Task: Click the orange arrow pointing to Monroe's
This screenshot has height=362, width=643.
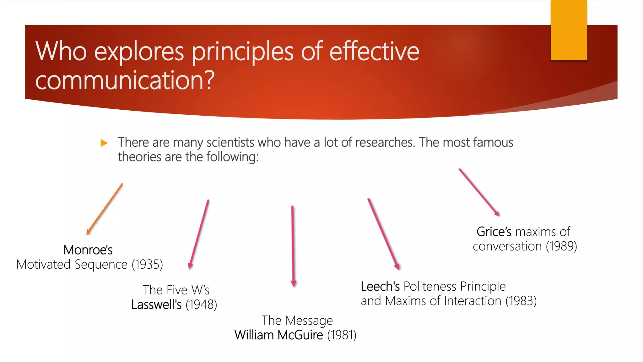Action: (x=105, y=209)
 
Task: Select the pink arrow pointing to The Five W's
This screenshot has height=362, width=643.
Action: (x=199, y=234)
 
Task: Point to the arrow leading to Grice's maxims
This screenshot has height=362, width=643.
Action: (x=479, y=192)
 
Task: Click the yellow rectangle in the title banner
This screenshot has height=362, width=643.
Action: (x=569, y=30)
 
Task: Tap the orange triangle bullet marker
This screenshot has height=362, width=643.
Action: (x=104, y=143)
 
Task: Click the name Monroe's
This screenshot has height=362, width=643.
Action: (x=88, y=250)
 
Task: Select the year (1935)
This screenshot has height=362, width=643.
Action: (x=147, y=265)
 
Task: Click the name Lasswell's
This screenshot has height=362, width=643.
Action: (x=156, y=304)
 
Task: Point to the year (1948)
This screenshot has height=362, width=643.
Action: (x=201, y=304)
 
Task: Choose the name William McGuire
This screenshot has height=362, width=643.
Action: (x=278, y=335)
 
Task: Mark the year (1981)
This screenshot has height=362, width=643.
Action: (x=342, y=335)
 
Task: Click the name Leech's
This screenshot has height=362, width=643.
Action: (x=380, y=286)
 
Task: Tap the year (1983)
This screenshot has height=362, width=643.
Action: (x=521, y=301)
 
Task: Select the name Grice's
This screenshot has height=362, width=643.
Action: (x=494, y=232)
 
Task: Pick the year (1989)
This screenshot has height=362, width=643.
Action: (x=561, y=246)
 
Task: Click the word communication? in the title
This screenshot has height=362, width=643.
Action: (x=125, y=80)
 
